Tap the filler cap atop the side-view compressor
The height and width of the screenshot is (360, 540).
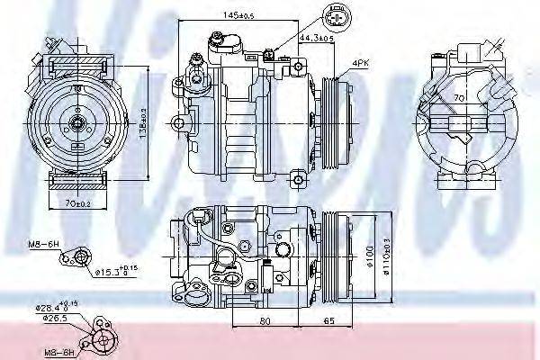point(219,40)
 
